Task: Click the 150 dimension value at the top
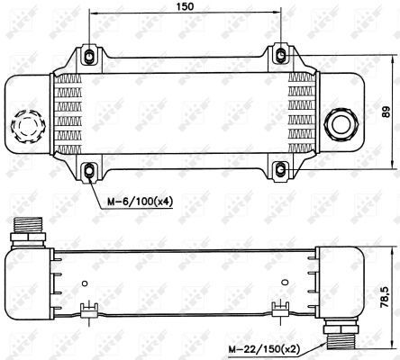point(185,7)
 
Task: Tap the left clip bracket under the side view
point(88,310)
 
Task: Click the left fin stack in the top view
point(67,112)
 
